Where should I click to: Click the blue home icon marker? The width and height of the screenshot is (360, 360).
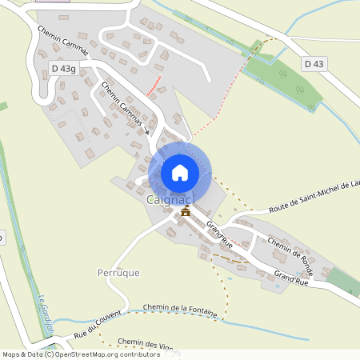pyautogui.click(x=180, y=172)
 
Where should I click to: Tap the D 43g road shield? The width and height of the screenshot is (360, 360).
pyautogui.click(x=62, y=70)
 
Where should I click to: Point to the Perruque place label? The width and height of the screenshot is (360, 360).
pyautogui.click(x=117, y=272)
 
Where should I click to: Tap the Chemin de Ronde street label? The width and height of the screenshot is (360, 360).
pyautogui.click(x=290, y=251)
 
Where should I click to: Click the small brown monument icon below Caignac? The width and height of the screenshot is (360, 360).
pyautogui.click(x=186, y=211)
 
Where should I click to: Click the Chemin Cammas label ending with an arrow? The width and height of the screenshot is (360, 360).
pyautogui.click(x=122, y=105)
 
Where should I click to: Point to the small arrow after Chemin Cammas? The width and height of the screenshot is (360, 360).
pyautogui.click(x=147, y=130)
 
